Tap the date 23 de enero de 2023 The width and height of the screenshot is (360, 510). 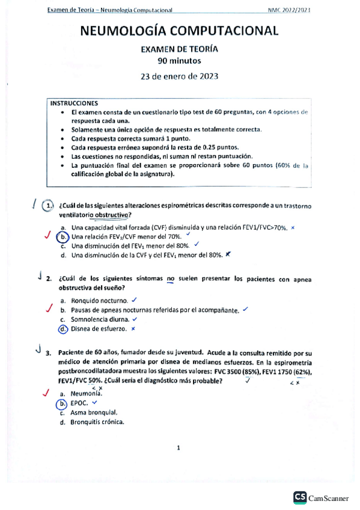tap(179, 76)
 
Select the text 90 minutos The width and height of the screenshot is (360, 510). tap(179, 61)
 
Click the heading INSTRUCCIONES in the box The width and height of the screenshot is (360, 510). tap(75, 103)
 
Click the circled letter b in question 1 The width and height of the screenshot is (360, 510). tap(63, 237)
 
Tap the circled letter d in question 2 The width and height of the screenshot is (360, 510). tap(63, 329)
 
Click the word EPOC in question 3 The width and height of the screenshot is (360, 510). tap(79, 403)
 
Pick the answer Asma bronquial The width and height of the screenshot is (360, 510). tap(94, 413)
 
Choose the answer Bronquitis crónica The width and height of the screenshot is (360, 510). tap(97, 422)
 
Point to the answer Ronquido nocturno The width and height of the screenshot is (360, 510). tap(99, 300)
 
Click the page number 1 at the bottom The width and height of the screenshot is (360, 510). tap(179, 447)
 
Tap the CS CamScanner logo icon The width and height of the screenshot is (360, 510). tap(299, 497)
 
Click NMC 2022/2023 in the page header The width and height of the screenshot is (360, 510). tap(293, 10)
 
